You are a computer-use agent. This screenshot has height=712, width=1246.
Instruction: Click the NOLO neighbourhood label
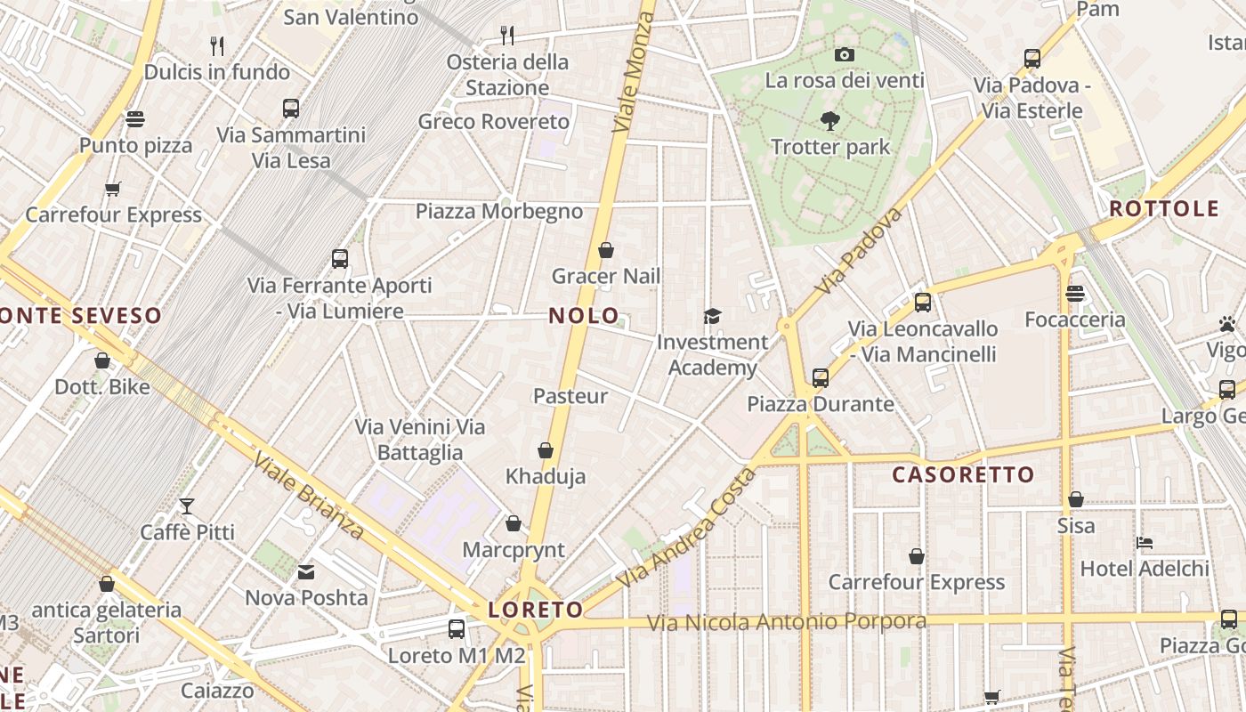click(584, 315)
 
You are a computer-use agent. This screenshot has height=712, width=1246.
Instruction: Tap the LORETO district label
click(536, 610)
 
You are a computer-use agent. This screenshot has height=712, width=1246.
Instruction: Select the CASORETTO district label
click(963, 474)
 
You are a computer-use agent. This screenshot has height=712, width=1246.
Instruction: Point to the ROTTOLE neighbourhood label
click(1164, 209)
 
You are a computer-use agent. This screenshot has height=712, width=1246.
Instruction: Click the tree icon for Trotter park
click(829, 120)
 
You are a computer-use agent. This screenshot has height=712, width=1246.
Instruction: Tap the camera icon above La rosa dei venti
click(845, 54)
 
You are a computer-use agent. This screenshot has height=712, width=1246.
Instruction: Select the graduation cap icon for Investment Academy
click(712, 316)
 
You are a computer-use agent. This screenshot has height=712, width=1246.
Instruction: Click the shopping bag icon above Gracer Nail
click(606, 250)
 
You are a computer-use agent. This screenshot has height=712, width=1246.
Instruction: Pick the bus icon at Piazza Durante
click(821, 377)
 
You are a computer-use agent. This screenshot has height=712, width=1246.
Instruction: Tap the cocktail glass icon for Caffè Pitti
click(187, 506)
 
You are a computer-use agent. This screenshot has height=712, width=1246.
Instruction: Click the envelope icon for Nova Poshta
click(306, 571)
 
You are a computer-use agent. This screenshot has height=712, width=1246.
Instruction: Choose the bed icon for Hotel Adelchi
click(1145, 542)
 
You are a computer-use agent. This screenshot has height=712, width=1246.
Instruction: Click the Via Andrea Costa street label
click(686, 527)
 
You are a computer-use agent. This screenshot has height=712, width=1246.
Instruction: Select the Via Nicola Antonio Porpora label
click(786, 621)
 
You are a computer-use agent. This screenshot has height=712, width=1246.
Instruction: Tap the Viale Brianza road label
click(309, 496)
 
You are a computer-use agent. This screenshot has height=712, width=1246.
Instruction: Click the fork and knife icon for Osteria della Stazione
click(507, 36)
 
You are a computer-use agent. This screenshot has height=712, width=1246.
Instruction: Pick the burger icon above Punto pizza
click(135, 119)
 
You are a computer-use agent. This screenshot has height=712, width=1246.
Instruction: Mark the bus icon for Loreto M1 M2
click(457, 629)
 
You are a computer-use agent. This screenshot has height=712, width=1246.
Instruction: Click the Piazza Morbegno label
click(499, 211)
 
